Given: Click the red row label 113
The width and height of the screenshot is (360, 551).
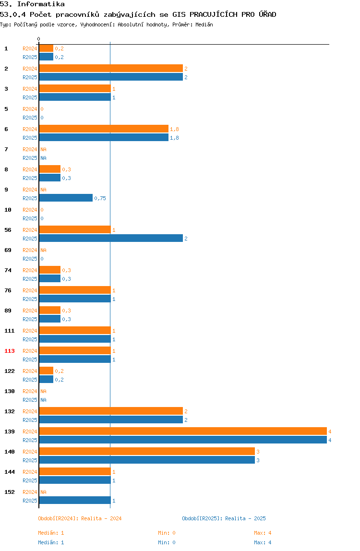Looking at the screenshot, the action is pyautogui.click(x=10, y=351).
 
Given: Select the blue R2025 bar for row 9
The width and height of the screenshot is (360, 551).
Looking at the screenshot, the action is pyautogui.click(x=66, y=198).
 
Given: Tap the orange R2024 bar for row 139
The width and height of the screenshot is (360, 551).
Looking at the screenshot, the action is pyautogui.click(x=183, y=431).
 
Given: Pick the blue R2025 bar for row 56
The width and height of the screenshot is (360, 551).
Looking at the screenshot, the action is pyautogui.click(x=111, y=238).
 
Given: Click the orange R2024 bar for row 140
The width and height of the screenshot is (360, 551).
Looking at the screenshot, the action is pyautogui.click(x=147, y=451).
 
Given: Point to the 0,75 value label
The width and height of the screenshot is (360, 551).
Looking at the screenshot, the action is pyautogui.click(x=100, y=198).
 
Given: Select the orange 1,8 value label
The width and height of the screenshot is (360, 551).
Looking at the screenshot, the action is pyautogui.click(x=174, y=129).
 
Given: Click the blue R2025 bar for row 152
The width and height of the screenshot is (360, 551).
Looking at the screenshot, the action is pyautogui.click(x=75, y=500).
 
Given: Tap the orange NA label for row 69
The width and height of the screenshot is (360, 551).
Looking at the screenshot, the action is pyautogui.click(x=43, y=250).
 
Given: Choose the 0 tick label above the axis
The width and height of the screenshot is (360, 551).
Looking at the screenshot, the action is pyautogui.click(x=39, y=39).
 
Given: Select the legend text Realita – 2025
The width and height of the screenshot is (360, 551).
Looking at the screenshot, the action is pyautogui.click(x=245, y=518).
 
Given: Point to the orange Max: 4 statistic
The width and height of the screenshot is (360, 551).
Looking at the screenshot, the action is pyautogui.click(x=263, y=533).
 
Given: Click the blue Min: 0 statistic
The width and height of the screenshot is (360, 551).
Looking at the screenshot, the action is pyautogui.click(x=167, y=542).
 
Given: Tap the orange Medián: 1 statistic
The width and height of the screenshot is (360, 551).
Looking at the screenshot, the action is pyautogui.click(x=51, y=533).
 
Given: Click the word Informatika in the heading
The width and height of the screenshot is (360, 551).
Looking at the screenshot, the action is pyautogui.click(x=41, y=4).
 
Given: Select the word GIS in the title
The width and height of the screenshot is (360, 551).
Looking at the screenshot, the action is pyautogui.click(x=179, y=14).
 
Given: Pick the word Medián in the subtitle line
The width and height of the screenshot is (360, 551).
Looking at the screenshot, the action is pyautogui.click(x=204, y=24).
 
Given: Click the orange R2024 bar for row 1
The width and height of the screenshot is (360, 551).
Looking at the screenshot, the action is pyautogui.click(x=46, y=48).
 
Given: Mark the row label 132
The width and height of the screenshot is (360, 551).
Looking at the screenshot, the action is pyautogui.click(x=10, y=411).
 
